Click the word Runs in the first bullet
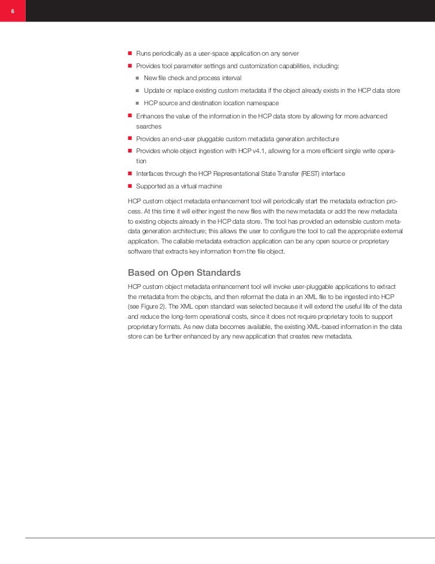click(x=144, y=54)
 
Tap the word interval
click(x=230, y=78)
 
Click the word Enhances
click(x=151, y=115)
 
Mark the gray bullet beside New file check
click(x=137, y=78)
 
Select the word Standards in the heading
click(x=219, y=273)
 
